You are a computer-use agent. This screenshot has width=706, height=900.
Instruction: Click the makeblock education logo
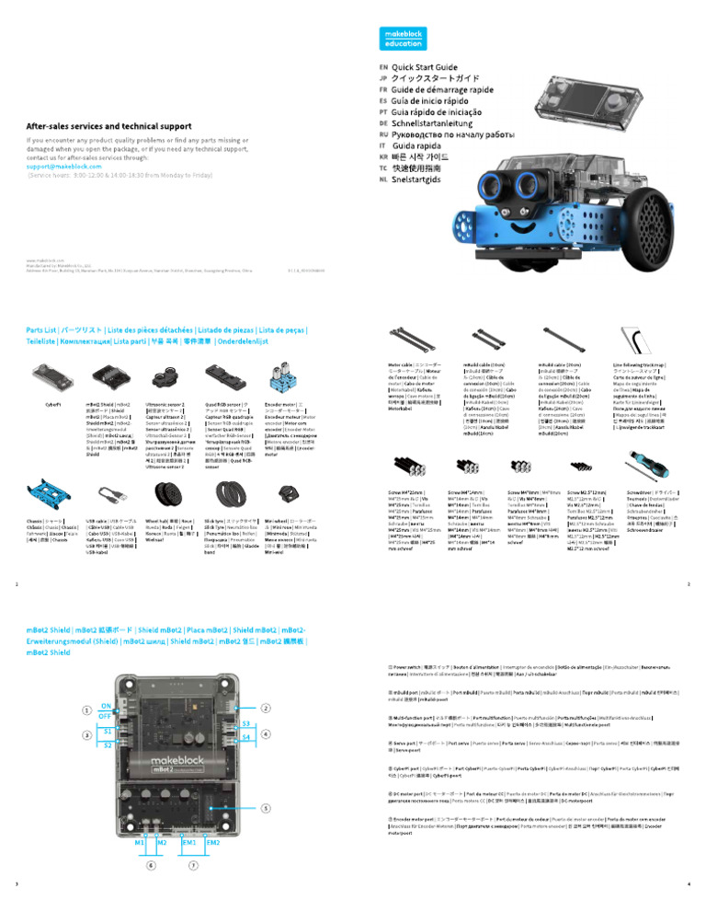coord(404,38)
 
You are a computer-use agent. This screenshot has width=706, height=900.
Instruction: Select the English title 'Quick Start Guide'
coord(425,68)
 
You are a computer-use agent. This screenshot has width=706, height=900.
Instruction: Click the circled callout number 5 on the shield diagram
coord(265,808)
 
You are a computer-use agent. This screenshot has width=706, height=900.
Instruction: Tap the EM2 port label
coord(213,843)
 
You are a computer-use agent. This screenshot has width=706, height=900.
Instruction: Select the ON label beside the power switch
coord(106,705)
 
